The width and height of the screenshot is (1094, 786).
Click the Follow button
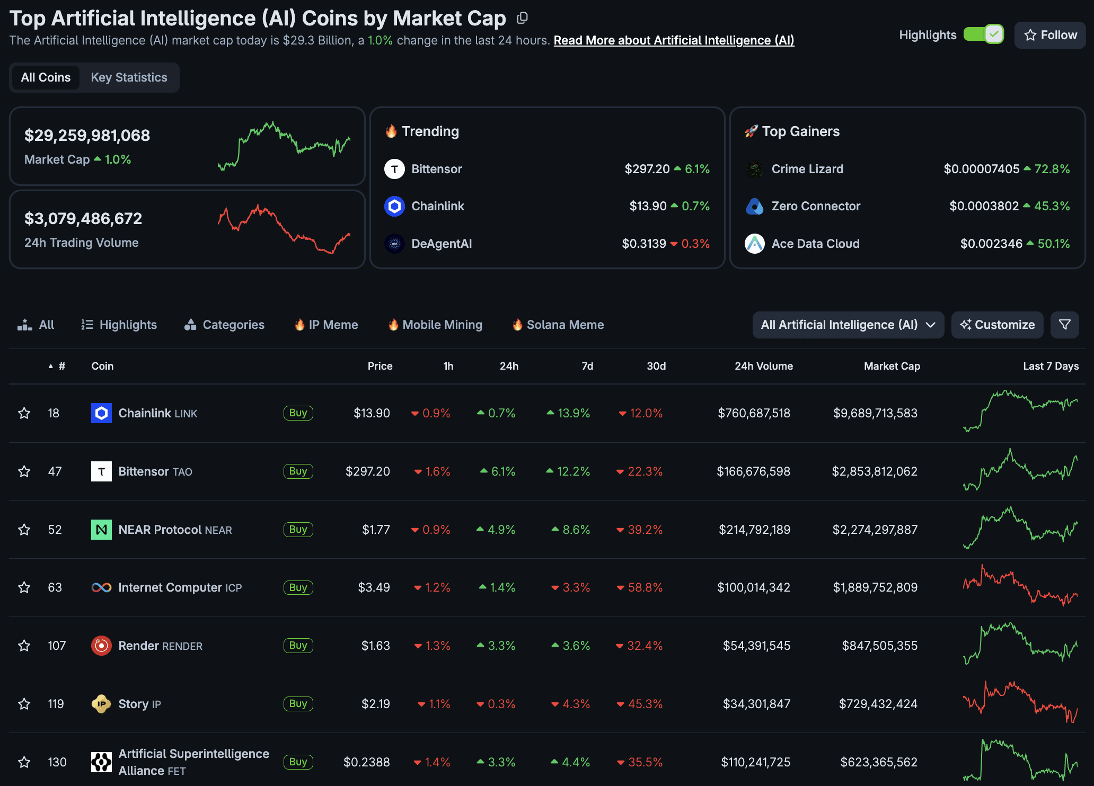pos(1049,35)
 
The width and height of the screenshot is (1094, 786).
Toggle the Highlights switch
pos(983,35)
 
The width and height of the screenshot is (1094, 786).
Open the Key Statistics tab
pos(129,77)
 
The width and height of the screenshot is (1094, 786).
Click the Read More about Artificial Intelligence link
pos(674,40)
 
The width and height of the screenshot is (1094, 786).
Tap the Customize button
pos(997,325)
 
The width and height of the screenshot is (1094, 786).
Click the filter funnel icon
pos(1064,325)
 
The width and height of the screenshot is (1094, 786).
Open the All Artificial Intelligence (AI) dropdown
pos(848,325)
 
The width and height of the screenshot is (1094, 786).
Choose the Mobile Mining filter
pos(435,325)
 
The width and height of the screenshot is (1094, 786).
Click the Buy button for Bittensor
pos(298,471)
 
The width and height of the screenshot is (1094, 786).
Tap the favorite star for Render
pos(24,646)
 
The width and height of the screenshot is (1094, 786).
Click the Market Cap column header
pos(892,366)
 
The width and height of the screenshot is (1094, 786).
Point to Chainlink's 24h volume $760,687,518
pos(754,413)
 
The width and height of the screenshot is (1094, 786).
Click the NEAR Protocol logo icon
pos(101,530)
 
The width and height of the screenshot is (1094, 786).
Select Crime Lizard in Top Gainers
pos(807,169)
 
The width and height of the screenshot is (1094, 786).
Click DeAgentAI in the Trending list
pos(441,244)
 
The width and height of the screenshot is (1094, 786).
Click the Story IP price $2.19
pos(375,704)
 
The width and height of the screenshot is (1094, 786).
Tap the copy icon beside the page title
pos(522,18)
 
